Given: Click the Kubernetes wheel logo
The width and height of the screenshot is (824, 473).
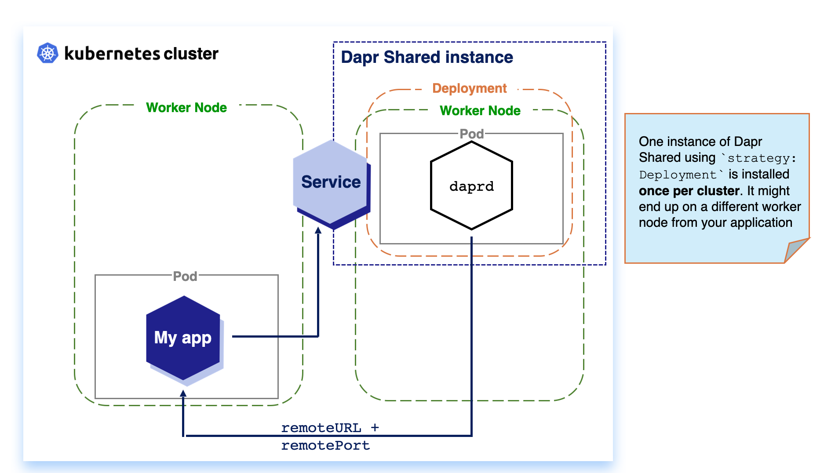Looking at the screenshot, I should click(47, 53).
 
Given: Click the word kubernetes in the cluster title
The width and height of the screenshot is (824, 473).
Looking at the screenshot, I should click(112, 54).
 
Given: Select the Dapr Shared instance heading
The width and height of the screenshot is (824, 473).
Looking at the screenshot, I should click(427, 57).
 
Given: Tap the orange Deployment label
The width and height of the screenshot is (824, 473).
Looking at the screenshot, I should click(469, 88).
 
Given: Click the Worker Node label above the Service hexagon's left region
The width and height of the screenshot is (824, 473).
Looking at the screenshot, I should click(186, 108).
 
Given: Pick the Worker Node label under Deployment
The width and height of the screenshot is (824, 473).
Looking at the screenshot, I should click(480, 111).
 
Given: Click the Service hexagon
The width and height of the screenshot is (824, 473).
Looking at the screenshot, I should click(331, 182).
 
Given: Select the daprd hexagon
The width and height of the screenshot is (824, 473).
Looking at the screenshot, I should click(471, 186).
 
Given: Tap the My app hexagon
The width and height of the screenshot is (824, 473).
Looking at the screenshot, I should click(183, 338).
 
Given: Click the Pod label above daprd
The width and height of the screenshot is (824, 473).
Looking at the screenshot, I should click(471, 134).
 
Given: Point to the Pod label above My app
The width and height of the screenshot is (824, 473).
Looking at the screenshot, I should click(185, 276).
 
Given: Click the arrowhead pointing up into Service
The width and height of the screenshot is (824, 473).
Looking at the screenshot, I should click(318, 230).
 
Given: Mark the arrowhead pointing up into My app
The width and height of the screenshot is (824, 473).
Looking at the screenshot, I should click(183, 393).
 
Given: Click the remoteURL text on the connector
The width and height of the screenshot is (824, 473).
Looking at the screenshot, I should click(321, 428).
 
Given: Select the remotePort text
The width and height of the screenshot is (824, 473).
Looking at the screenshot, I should click(325, 445).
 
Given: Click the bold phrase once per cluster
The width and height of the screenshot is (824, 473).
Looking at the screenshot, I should click(689, 191).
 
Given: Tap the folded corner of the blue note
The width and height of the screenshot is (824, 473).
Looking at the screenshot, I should click(796, 249).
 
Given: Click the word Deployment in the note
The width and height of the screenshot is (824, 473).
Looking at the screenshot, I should click(678, 175).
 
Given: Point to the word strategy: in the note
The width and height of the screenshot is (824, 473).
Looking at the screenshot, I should click(762, 158).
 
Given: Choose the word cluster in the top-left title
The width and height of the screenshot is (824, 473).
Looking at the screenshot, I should click(191, 54).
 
